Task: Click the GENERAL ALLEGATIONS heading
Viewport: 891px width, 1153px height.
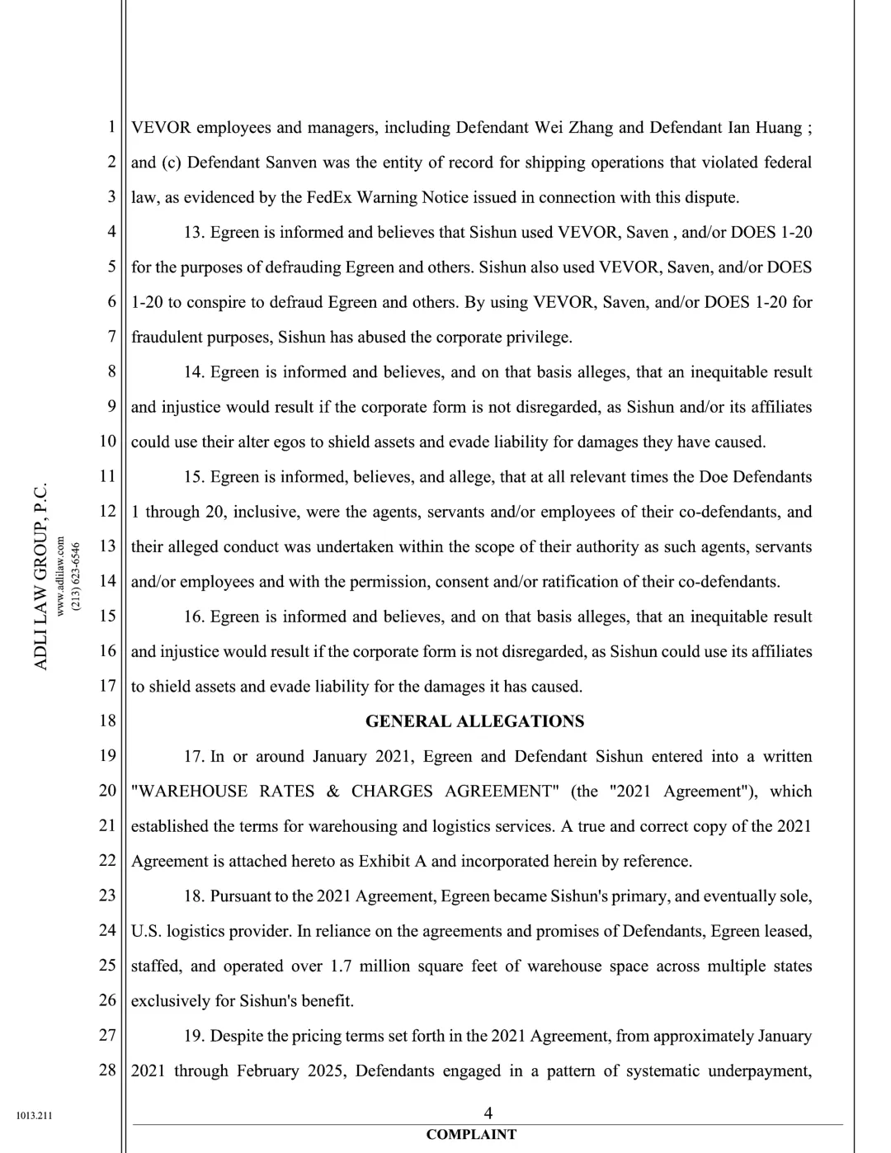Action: click(x=474, y=721)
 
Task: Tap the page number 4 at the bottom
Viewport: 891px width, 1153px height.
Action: click(x=488, y=1113)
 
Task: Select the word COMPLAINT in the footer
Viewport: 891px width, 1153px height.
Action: click(x=471, y=1135)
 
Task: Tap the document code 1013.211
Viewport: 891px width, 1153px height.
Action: click(x=34, y=1116)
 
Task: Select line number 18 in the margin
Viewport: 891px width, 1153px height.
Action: click(x=107, y=721)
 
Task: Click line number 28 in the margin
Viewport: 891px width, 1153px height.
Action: click(x=107, y=1070)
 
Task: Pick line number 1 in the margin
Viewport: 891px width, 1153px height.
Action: click(x=111, y=127)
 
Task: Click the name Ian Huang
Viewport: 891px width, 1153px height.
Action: click(x=765, y=128)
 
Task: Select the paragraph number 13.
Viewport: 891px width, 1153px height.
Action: click(x=193, y=233)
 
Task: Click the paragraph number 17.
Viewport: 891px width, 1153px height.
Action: click(x=193, y=757)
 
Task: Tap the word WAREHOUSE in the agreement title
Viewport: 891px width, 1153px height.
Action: click(x=189, y=792)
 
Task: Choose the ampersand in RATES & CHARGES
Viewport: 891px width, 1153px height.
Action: click(x=332, y=792)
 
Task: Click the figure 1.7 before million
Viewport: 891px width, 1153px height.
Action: click(x=341, y=966)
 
